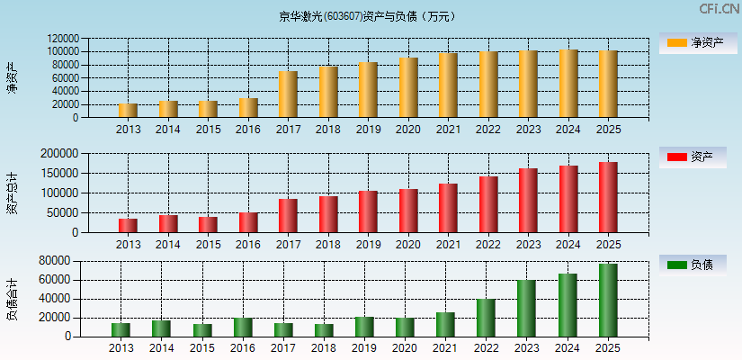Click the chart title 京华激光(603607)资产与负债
pos(367,15)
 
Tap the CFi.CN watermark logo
pos(720,9)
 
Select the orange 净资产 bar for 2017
pos(288,94)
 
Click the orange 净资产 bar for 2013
pos(128,111)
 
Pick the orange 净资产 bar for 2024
pos(568,84)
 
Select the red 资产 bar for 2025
pos(608,197)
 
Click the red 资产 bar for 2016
pos(248,222)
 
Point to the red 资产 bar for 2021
pos(448,208)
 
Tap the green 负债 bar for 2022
pos(487,318)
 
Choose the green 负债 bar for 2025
pos(608,301)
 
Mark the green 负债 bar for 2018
pos(324,330)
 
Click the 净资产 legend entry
pos(693,42)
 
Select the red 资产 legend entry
pos(693,157)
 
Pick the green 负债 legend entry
pos(693,265)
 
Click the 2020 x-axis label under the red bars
pos(407,245)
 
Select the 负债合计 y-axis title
pos(12,299)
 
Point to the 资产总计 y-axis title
pos(12,193)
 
